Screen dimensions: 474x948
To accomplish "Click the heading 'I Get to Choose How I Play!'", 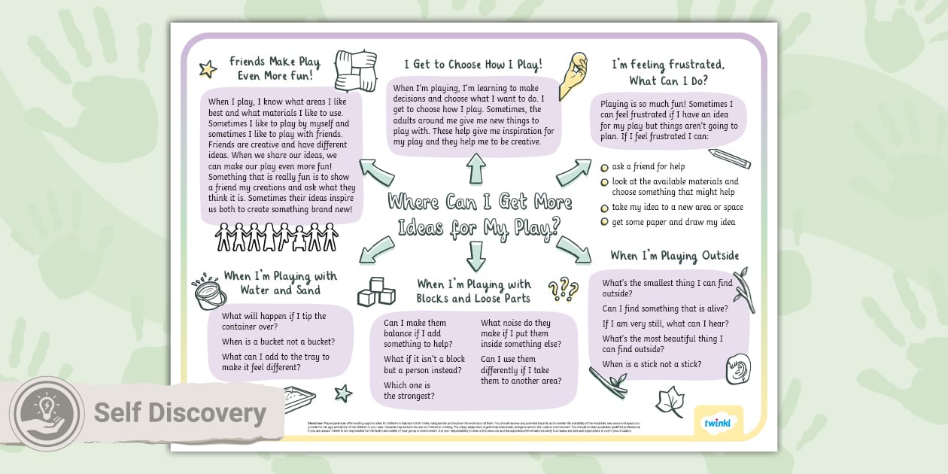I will [473, 65].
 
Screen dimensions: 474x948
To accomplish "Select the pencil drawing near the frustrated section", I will [729, 159].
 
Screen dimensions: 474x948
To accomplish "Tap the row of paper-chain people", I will [276, 236].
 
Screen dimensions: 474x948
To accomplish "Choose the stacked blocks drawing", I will [376, 291].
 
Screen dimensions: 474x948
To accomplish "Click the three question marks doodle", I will [563, 289].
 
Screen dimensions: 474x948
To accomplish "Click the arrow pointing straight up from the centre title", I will [476, 169].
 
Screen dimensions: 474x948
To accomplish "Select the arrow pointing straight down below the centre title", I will [476, 255].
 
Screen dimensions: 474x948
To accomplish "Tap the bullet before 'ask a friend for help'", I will [604, 167].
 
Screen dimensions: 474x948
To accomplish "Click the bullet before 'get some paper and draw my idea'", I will [604, 222].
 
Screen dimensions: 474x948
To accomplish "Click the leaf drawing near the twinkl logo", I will [670, 402].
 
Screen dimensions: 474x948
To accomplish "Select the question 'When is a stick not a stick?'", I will [652, 364].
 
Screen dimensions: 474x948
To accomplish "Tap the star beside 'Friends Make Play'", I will [208, 70].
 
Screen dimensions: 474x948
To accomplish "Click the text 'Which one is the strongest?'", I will [409, 390].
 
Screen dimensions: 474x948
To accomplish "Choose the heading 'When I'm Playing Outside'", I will [674, 256].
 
